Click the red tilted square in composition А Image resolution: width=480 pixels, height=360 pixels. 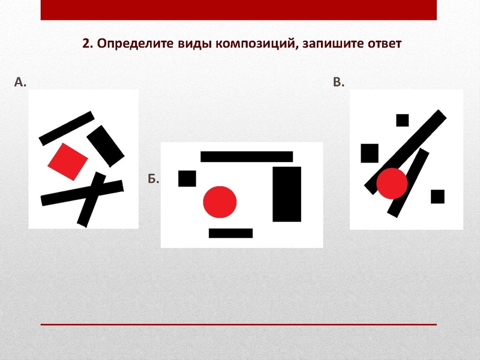[x=67, y=161]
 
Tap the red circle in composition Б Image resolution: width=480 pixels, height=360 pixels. [x=219, y=201]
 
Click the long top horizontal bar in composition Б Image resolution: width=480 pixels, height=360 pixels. [x=247, y=157]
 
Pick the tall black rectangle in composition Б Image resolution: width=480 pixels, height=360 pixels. [x=287, y=194]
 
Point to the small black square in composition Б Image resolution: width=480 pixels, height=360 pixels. [x=188, y=178]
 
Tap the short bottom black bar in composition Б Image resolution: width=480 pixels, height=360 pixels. [x=230, y=233]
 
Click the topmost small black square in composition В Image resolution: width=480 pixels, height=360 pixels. [x=402, y=120]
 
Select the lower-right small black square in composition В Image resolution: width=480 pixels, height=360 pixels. [x=437, y=196]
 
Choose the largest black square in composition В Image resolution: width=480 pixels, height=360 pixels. [x=370, y=153]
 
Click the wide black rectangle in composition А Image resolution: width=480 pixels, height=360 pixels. [x=107, y=144]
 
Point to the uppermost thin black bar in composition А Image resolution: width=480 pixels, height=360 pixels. [x=67, y=128]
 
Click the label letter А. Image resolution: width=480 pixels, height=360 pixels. [x=20, y=82]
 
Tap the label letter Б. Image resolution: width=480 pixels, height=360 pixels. [x=153, y=179]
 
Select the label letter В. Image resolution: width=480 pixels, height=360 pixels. [x=338, y=82]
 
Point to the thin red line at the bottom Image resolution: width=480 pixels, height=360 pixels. [x=239, y=324]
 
